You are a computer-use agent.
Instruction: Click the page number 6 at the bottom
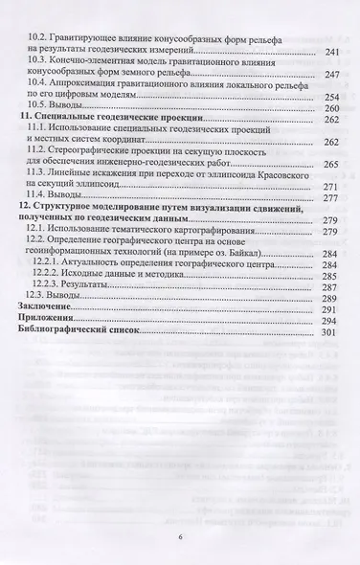coord(179,538)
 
